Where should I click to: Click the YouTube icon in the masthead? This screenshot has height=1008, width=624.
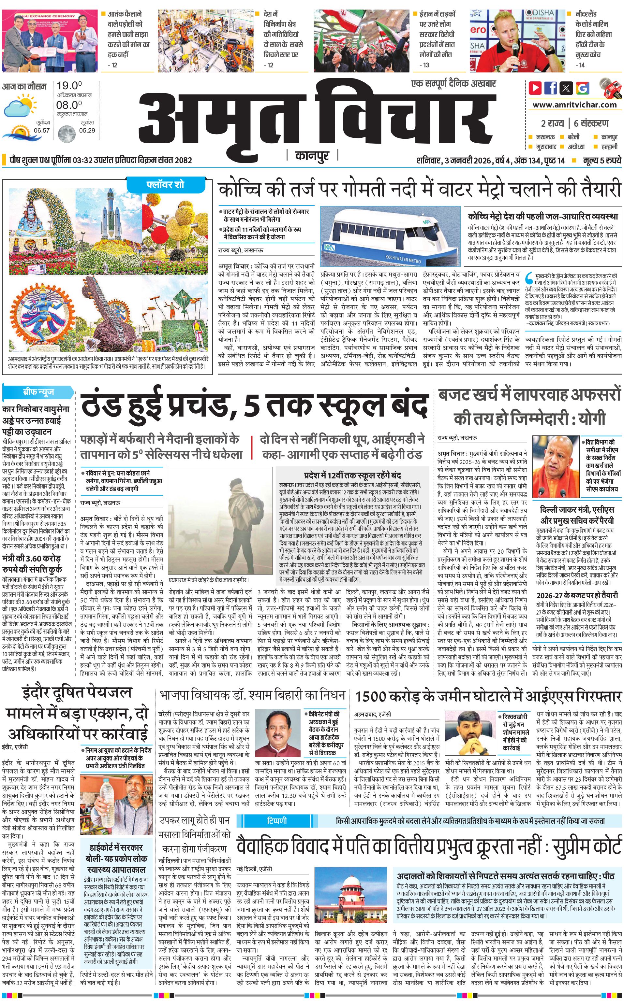(x=535, y=88)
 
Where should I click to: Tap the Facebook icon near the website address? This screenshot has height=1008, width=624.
(x=551, y=88)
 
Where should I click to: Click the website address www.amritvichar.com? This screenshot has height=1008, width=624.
(x=574, y=105)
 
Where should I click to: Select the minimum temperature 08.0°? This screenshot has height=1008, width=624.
(x=69, y=105)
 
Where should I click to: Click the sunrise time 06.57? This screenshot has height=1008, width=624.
(x=42, y=130)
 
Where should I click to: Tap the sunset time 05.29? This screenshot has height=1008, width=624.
(x=87, y=130)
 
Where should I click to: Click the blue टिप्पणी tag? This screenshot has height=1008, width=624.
(x=277, y=809)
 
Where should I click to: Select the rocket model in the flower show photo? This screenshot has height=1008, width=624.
(x=110, y=210)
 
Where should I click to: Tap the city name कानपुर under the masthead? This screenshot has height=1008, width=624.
(x=312, y=156)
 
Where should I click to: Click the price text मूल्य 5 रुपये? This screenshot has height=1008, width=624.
(x=602, y=160)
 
